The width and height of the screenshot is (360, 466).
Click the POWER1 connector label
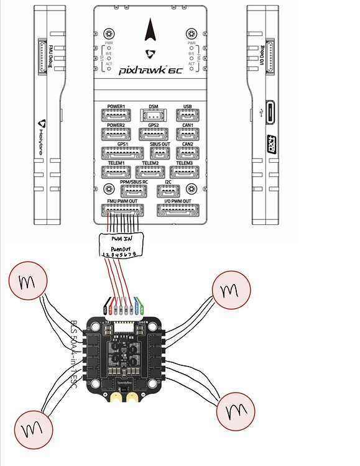click(116, 107)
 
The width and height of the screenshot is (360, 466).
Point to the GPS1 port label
click(118, 144)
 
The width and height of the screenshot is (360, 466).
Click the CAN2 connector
click(187, 153)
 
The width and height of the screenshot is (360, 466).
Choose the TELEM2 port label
click(150, 163)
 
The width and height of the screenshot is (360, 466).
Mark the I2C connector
click(168, 191)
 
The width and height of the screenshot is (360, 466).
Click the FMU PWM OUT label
click(122, 201)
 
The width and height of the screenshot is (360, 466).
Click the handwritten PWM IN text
click(122, 238)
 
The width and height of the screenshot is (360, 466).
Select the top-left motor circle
click(28, 283)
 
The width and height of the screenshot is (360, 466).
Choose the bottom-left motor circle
click(30, 428)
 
